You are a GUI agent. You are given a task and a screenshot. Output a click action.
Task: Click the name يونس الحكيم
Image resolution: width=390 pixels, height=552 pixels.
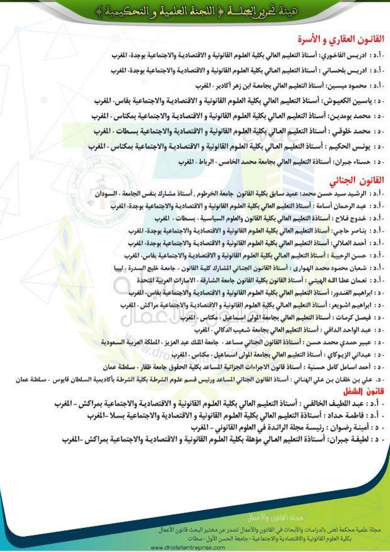(354, 147)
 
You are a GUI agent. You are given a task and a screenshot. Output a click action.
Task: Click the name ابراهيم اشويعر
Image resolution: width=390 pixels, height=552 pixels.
(350, 305)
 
